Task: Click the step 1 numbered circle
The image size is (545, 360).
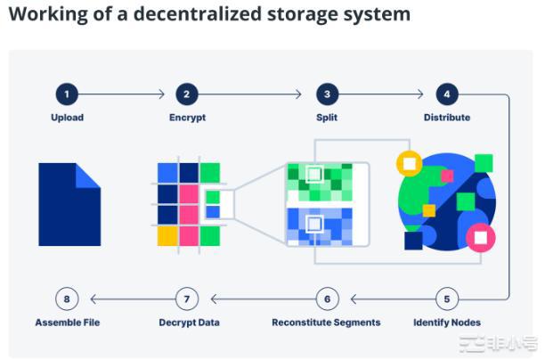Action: [67, 94]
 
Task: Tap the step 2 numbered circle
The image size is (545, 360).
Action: [186, 94]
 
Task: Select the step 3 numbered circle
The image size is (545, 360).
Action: [327, 94]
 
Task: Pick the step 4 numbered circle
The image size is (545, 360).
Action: [446, 94]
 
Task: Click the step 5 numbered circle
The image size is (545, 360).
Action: [446, 299]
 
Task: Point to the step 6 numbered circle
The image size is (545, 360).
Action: [327, 299]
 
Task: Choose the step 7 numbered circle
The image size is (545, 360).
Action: [186, 299]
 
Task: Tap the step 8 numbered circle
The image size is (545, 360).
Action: [67, 299]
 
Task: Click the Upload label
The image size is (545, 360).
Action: [67, 118]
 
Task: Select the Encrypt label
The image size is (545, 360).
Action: [186, 118]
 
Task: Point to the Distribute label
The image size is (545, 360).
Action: [446, 118]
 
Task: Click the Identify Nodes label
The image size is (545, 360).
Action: [446, 322]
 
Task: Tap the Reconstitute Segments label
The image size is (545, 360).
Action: [326, 322]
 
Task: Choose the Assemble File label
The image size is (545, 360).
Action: [67, 322]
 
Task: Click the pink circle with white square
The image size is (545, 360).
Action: [481, 237]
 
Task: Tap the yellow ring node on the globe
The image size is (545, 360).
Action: [409, 164]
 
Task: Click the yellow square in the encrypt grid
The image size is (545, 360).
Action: [167, 235]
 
